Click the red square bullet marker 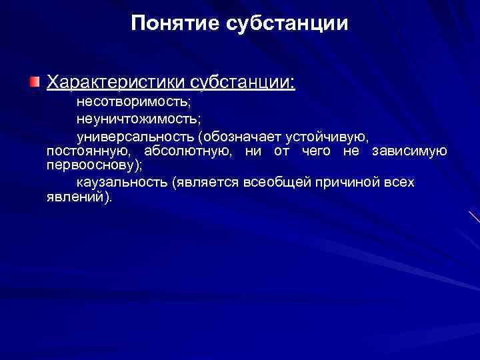34,82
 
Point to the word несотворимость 133,103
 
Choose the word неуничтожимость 137,119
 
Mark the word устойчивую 326,136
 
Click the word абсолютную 188,151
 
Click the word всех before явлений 399,183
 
